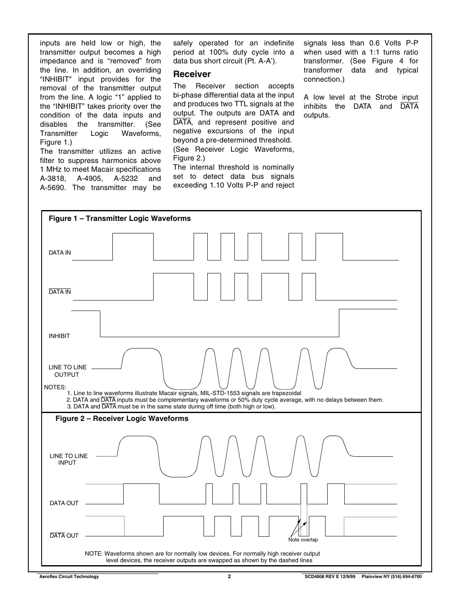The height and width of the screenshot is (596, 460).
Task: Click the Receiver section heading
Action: point(192,74)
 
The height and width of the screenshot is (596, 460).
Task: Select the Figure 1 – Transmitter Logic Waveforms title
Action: point(119,218)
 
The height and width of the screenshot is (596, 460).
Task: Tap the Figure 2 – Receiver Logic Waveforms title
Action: point(122,418)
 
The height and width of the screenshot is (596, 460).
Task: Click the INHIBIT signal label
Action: point(59,336)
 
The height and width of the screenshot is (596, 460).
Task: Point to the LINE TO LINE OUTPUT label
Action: point(67,371)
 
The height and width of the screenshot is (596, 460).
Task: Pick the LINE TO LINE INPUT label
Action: point(69,459)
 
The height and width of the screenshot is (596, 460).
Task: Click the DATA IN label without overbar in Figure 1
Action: point(60,253)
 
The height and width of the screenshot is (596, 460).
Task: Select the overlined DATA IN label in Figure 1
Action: point(60,292)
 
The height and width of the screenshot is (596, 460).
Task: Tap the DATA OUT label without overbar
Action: point(64,503)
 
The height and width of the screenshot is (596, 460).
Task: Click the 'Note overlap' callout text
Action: point(303,540)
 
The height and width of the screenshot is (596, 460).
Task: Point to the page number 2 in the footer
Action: point(229,576)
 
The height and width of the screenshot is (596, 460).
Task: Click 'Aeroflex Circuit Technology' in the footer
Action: point(69,576)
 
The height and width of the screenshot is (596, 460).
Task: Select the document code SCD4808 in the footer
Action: point(315,576)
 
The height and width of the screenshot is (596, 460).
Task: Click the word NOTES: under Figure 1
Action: point(55,387)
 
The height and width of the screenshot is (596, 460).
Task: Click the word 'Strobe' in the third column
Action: point(386,97)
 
